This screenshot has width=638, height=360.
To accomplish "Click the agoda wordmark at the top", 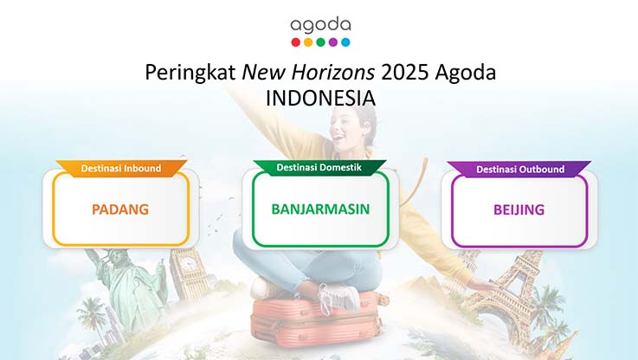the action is click(x=320, y=26).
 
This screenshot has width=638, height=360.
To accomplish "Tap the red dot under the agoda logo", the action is click(x=296, y=42).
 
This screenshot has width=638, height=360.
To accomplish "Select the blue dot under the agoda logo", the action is click(x=345, y=42).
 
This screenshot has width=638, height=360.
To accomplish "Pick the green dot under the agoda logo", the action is click(x=320, y=42).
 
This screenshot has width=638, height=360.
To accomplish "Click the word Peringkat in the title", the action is click(x=190, y=73).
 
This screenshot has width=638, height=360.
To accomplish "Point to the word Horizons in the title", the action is click(x=332, y=73).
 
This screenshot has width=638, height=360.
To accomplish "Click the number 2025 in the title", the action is click(x=405, y=73).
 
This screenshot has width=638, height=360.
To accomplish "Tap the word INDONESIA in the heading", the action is click(x=320, y=99).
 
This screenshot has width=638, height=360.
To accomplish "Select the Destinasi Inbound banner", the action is click(x=121, y=169).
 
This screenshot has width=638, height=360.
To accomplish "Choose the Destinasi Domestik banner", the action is click(x=319, y=167).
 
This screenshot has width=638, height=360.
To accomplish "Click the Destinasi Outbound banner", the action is click(x=519, y=170).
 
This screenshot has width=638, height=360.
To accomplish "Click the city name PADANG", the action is click(x=120, y=209).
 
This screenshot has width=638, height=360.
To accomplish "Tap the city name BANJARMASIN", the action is click(x=320, y=209).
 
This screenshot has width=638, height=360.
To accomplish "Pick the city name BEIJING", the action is click(x=519, y=210).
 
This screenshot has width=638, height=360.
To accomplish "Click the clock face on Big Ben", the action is click(x=188, y=264).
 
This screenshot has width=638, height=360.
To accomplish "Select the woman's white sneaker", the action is click(x=337, y=297).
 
